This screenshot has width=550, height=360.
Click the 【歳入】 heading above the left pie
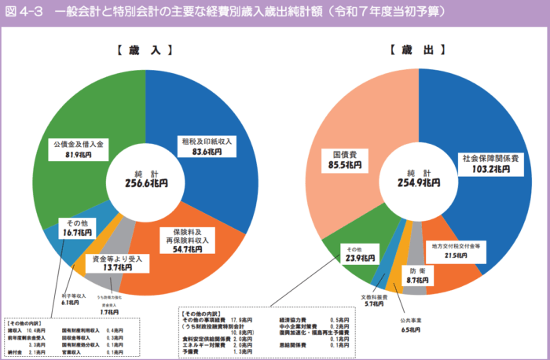[x=145, y=50]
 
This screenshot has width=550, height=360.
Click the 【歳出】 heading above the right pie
[x=417, y=50]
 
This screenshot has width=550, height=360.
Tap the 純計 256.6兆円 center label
[x=145, y=178]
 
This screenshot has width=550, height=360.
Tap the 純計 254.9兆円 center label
[x=417, y=178]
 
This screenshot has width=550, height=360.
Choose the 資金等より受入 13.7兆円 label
[x=117, y=263]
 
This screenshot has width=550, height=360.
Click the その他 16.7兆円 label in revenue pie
[x=77, y=227]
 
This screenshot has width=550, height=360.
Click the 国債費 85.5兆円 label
[x=346, y=160]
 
